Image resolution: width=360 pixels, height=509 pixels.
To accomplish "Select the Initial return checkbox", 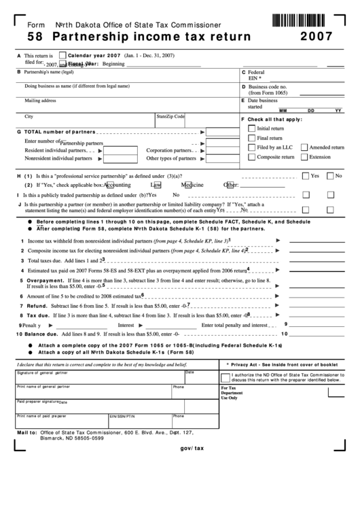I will click(252, 128).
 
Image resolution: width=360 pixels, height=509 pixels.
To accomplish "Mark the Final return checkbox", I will click(252, 138).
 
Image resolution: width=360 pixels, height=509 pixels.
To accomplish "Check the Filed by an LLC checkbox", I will click(252, 147).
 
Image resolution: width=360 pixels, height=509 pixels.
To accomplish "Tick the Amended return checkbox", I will click(304, 147).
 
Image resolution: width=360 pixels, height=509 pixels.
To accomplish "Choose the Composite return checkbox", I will click(252, 157).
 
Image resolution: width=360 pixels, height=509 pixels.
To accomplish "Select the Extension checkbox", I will click(304, 157).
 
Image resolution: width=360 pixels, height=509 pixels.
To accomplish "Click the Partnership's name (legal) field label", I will click(49, 71).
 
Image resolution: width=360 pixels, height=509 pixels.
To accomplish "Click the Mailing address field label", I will click(41, 101).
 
